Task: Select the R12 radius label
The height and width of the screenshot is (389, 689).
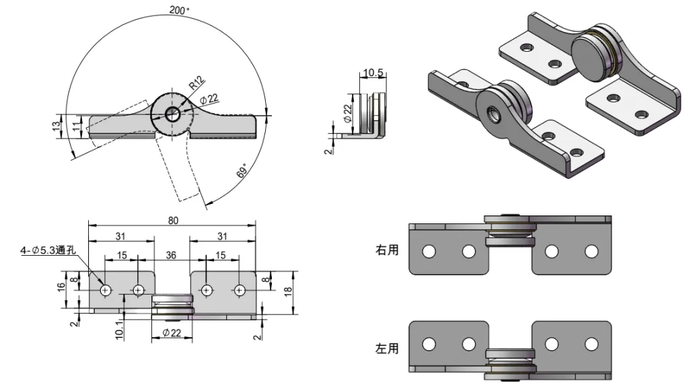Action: coord(195,83)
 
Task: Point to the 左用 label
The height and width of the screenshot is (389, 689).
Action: coord(386,349)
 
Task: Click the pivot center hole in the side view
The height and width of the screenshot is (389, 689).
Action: coord(172,114)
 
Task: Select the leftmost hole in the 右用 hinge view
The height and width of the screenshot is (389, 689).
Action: coord(428,252)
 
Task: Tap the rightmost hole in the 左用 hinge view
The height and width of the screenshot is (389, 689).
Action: coord(591,345)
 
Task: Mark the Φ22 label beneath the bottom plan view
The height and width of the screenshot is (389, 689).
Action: coord(172,334)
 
